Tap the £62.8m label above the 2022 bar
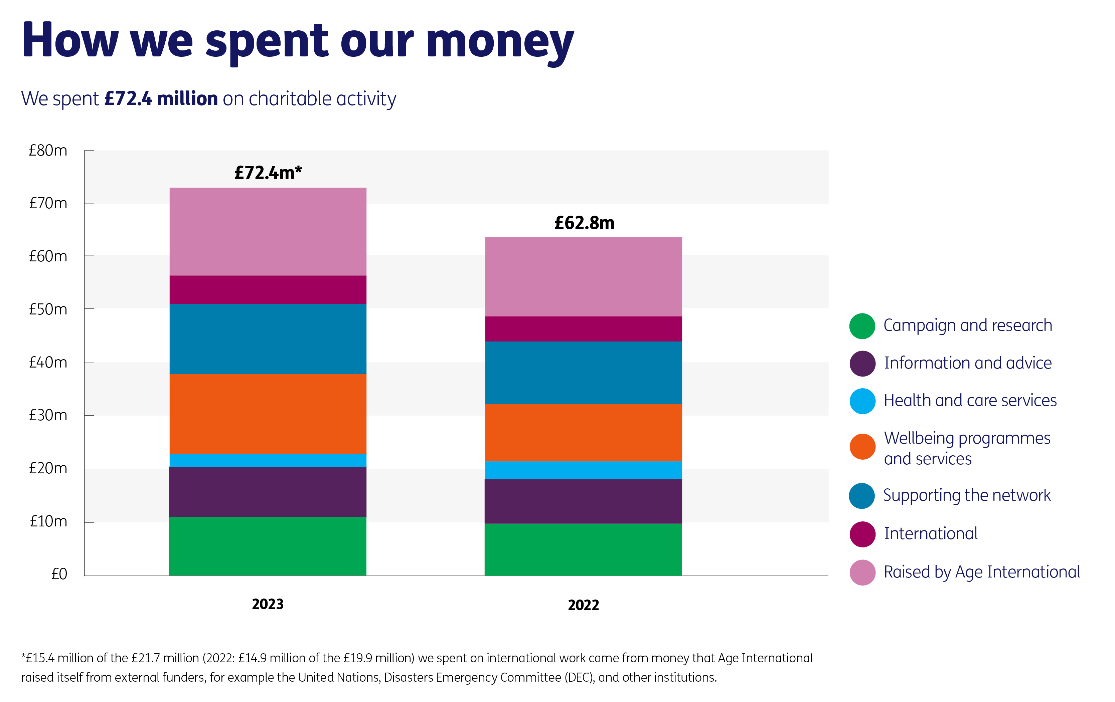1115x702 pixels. [584, 223]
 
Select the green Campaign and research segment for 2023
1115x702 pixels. [268, 546]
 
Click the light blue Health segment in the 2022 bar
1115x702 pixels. [584, 470]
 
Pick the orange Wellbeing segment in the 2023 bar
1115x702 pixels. [268, 414]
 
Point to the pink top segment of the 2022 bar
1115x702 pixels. [584, 277]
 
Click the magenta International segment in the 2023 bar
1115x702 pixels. [268, 290]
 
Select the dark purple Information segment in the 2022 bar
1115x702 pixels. [584, 501]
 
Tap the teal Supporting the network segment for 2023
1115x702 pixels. [268, 339]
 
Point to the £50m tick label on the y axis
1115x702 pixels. [48, 309]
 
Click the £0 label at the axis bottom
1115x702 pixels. [59, 574]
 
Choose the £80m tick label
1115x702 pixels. [48, 151]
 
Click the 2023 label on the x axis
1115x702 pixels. [268, 604]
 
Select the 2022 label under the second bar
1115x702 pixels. [584, 605]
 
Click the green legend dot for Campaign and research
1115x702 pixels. [862, 326]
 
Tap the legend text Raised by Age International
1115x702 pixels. [982, 572]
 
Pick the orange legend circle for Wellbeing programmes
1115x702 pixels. [862, 447]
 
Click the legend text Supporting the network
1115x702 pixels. [967, 495]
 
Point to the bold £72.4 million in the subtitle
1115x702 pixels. [161, 98]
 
